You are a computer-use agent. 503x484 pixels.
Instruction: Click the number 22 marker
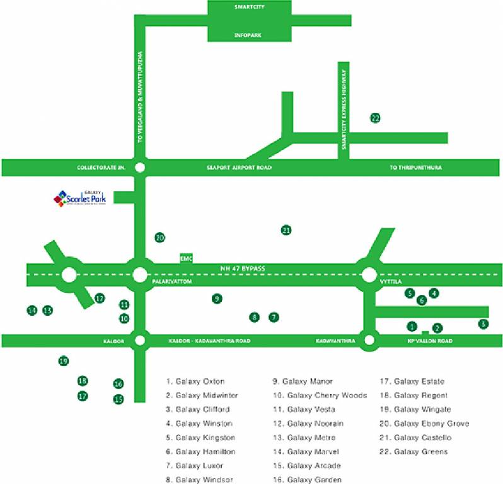click(x=375, y=118)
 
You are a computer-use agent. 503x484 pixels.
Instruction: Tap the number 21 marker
click(x=286, y=230)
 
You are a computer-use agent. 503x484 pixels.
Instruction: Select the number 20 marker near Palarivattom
click(x=159, y=238)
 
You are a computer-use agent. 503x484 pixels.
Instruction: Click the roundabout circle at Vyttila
click(x=369, y=275)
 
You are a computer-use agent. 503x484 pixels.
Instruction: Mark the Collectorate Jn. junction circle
click(x=140, y=168)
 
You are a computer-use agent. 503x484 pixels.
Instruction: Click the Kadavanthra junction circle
click(x=369, y=341)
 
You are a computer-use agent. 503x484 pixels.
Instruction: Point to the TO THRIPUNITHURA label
click(x=415, y=168)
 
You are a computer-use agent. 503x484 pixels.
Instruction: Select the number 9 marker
click(x=217, y=299)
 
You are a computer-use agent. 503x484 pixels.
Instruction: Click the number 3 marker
click(x=483, y=325)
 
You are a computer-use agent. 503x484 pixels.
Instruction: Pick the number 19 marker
click(x=62, y=361)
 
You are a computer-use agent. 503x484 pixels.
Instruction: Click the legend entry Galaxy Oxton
click(x=195, y=381)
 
